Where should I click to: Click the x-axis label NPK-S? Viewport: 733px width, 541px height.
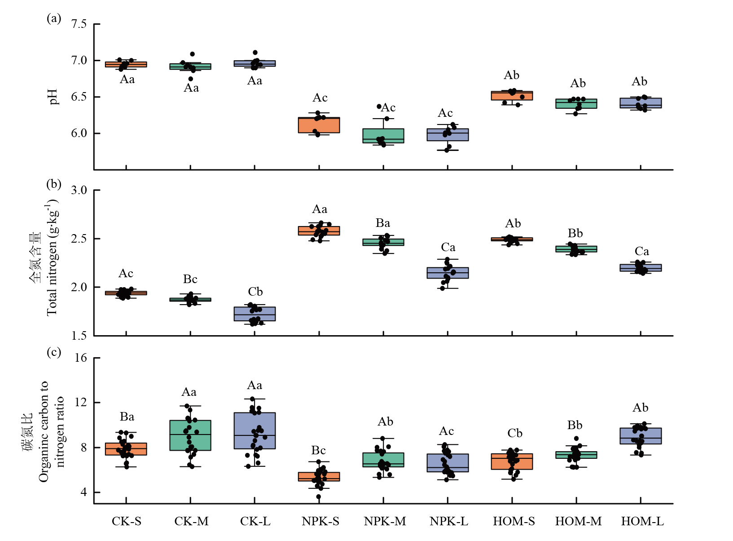coord(320,521)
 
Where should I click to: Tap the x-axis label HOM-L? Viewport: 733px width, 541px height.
coord(642,521)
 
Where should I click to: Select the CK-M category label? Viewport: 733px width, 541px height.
coord(191,521)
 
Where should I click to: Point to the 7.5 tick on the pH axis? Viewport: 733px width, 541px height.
coord(79,24)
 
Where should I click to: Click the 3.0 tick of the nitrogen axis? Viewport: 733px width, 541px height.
coord(79,190)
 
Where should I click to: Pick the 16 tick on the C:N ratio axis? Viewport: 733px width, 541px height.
coord(81,358)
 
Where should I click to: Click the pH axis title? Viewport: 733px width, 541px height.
coord(54,97)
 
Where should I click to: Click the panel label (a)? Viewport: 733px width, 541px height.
coord(54,18)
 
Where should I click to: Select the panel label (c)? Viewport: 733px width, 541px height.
coord(54,352)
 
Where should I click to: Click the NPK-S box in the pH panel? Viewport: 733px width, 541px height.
coord(319,125)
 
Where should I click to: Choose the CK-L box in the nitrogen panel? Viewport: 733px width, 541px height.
coord(255,314)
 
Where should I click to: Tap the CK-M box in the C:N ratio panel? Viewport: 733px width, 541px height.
coord(190,435)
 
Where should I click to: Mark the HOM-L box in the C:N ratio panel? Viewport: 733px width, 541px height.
coord(641,436)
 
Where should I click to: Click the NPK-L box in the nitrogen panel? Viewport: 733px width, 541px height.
coord(448,273)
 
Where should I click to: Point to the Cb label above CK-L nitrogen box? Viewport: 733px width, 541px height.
coord(255,292)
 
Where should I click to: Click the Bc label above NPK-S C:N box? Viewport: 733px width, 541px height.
coord(319,450)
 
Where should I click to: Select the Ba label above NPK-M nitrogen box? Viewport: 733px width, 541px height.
coord(383,223)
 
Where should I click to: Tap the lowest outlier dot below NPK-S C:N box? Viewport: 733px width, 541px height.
coord(319,497)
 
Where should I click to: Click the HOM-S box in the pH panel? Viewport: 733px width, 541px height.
coord(512,96)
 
